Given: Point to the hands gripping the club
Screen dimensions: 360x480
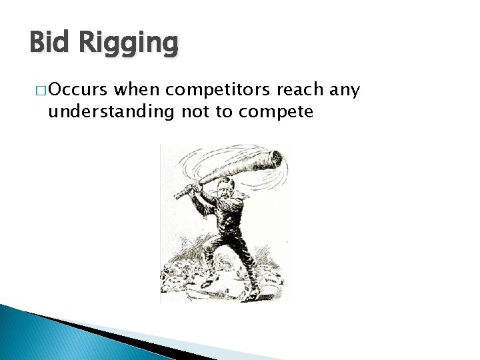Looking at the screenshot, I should tap(194, 189).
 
